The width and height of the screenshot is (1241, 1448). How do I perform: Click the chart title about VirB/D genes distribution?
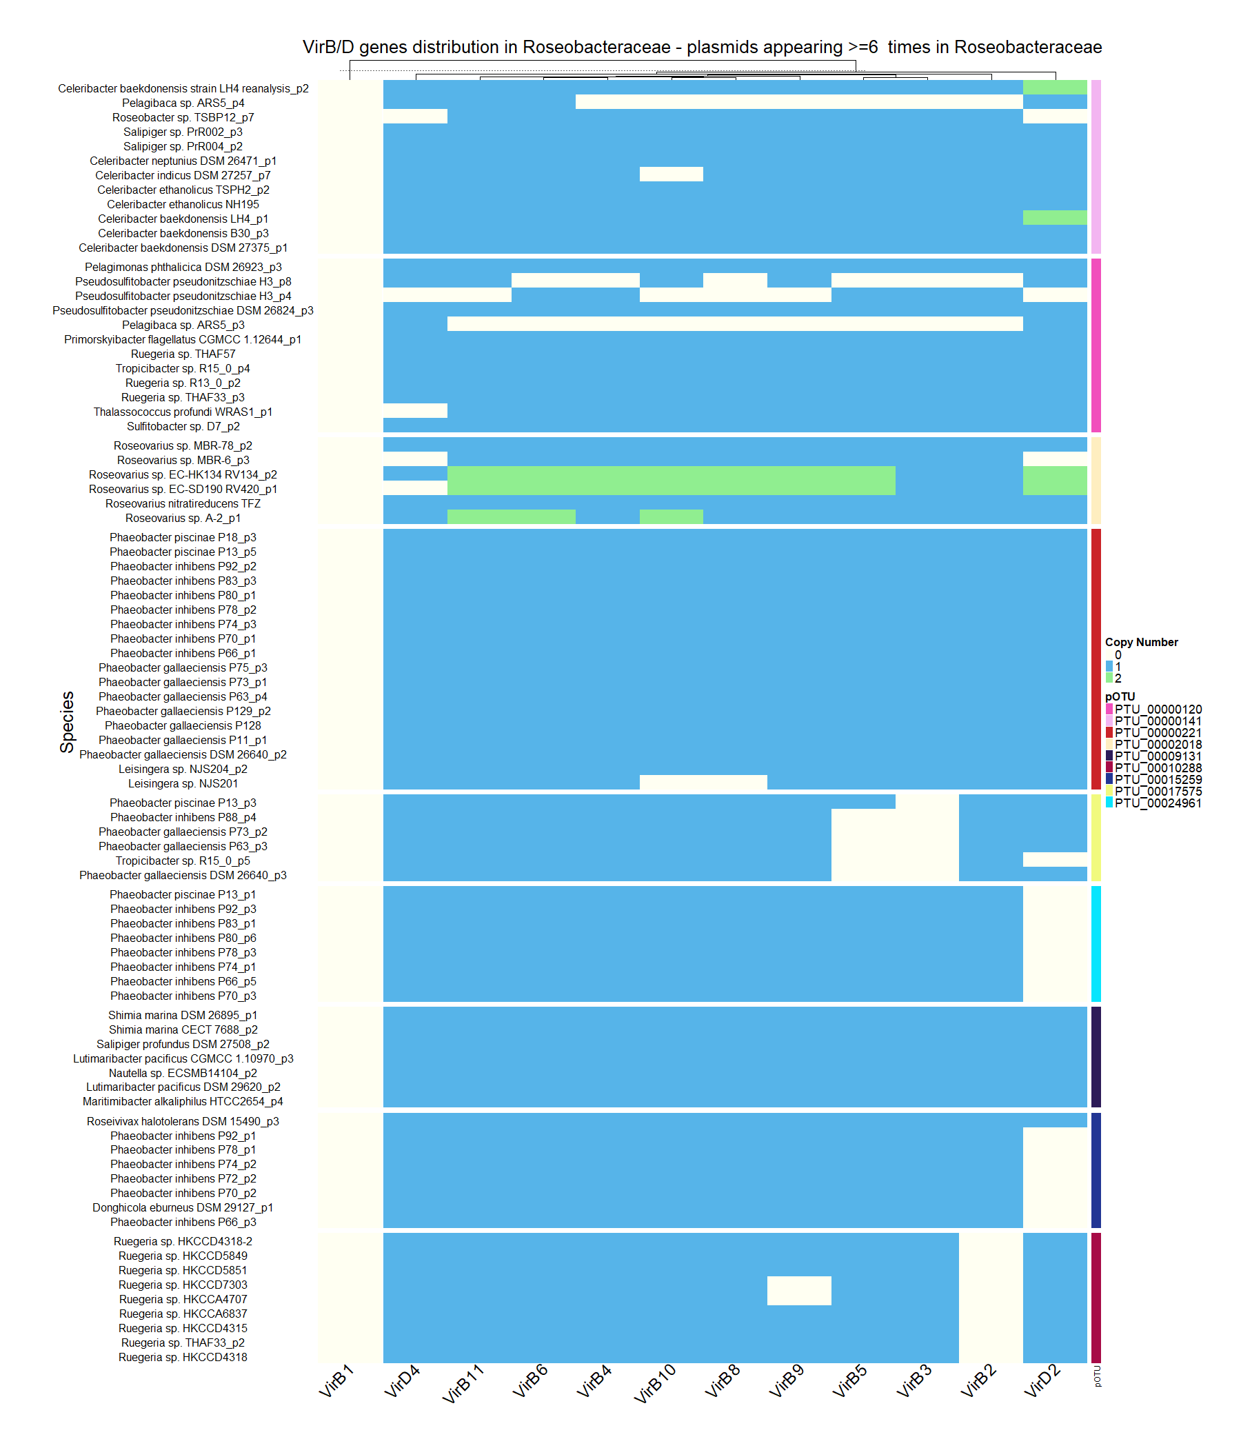click(702, 47)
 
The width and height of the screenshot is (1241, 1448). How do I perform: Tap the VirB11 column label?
click(463, 1385)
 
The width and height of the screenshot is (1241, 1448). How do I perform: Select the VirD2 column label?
click(1042, 1382)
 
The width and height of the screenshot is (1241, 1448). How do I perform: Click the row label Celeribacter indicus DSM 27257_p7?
click(183, 175)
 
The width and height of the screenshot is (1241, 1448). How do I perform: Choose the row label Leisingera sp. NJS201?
click(183, 783)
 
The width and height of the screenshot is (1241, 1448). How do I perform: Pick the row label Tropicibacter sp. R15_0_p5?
click(183, 861)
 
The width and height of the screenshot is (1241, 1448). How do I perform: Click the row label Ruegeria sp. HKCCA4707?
click(183, 1299)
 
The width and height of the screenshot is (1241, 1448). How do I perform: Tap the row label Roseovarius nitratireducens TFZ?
click(183, 504)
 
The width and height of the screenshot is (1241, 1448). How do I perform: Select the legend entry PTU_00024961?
click(1158, 803)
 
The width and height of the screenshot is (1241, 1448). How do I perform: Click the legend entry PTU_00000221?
click(1158, 732)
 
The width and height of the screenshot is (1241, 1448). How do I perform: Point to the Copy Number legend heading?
click(1141, 642)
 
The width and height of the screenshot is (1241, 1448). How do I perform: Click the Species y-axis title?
click(67, 722)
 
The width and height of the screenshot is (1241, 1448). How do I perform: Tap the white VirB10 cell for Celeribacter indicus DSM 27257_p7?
click(671, 174)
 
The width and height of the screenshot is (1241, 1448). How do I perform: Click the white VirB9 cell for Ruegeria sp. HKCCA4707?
click(799, 1291)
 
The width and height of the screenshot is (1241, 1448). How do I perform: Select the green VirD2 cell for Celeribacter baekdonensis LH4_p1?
click(1054, 218)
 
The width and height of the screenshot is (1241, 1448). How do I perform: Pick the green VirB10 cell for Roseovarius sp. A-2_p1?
click(671, 517)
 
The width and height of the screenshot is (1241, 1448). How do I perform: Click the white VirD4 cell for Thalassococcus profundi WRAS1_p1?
click(415, 411)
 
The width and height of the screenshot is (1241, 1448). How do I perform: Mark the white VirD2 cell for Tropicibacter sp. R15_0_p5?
click(1054, 860)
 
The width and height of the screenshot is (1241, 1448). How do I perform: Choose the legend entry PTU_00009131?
click(1158, 756)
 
